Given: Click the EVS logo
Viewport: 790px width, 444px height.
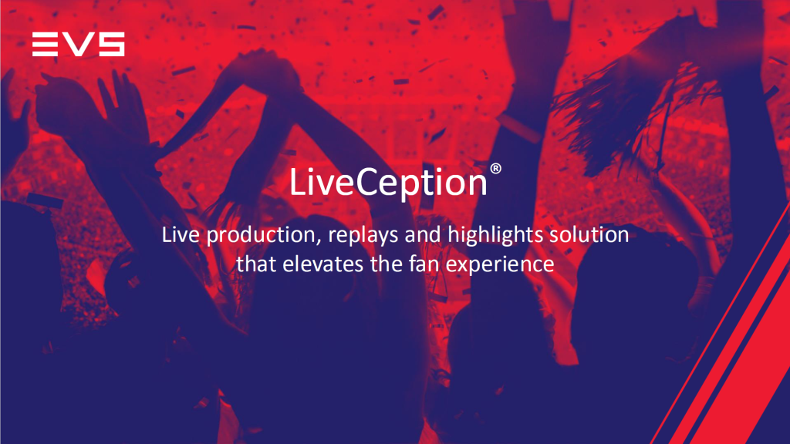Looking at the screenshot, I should pos(78,44).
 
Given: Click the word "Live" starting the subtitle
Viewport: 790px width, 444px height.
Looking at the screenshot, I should pos(179,234).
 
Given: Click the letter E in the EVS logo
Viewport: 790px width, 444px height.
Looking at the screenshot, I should pos(45,44).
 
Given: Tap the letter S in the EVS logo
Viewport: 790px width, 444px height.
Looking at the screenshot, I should pos(110,44).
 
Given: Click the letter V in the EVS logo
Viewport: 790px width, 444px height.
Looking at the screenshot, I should pos(77,44).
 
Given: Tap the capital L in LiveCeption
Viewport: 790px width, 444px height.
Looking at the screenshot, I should pos(297,183).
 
